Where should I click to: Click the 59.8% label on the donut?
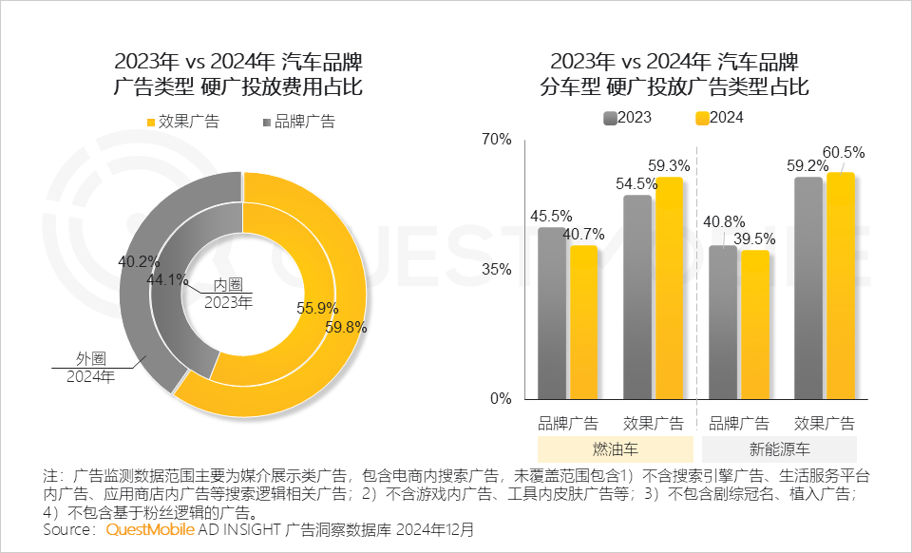click(346, 328)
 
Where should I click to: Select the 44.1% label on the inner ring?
click(167, 279)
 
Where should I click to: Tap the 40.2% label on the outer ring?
click(139, 261)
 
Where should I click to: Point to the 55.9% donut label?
click(317, 308)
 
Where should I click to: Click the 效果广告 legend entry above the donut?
click(183, 122)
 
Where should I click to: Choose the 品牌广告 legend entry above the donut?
click(299, 122)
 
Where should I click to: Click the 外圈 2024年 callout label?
click(91, 368)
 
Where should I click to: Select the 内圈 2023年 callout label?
click(228, 293)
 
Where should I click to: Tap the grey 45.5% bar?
click(551, 313)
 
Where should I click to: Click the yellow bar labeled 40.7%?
click(584, 322)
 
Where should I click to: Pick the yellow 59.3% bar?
click(669, 288)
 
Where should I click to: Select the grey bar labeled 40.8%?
click(723, 322)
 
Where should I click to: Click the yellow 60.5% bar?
click(841, 285)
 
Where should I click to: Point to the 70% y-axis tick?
click(496, 140)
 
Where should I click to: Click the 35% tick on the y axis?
click(496, 269)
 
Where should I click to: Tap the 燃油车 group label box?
click(616, 448)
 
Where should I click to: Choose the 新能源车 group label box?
click(779, 448)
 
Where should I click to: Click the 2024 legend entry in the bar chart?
click(719, 118)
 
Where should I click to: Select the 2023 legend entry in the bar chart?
click(628, 118)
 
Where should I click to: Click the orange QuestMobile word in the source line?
click(150, 530)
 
